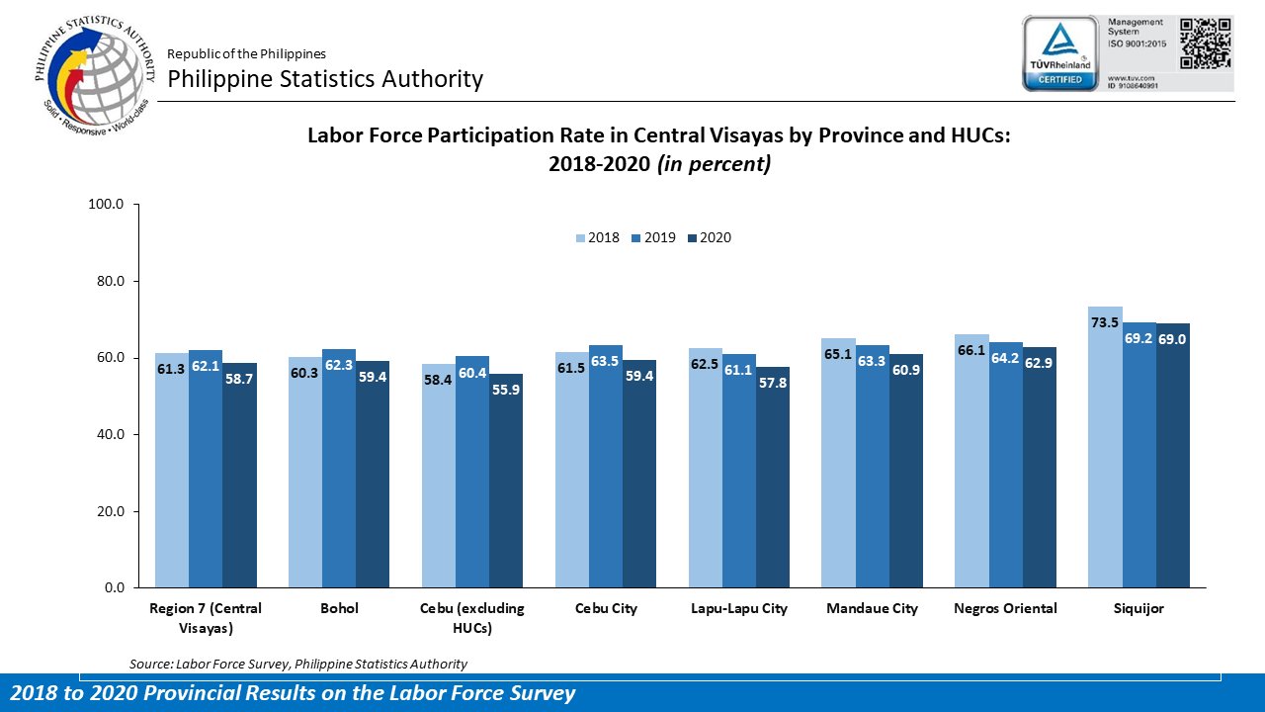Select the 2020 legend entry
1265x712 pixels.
pos(708,238)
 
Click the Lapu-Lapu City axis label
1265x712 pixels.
pos(738,609)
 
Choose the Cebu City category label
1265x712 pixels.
pos(606,609)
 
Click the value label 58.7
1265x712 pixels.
pos(239,379)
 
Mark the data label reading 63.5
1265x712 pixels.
pos(606,361)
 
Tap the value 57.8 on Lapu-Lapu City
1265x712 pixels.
pos(772,383)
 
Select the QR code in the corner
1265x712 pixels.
pos(1206,43)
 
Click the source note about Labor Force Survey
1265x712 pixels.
pos(298,664)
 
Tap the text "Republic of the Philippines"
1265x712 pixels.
pos(246,53)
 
